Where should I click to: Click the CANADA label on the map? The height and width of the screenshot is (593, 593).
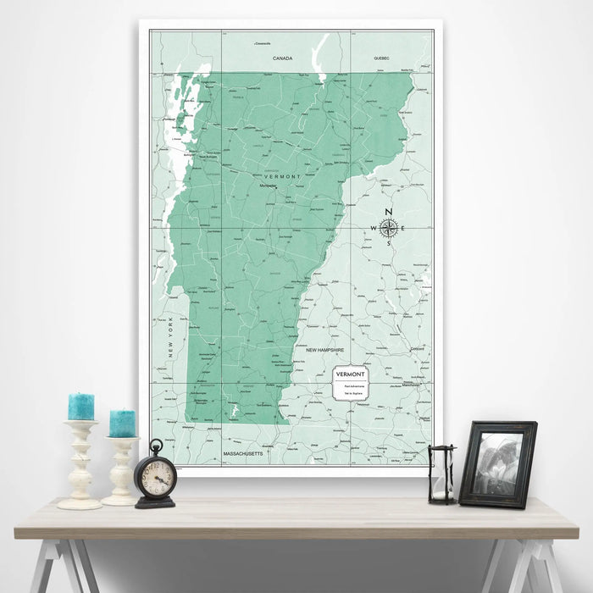282,58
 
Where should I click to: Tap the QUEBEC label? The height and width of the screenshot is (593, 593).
381,58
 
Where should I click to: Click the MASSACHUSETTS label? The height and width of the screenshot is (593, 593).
244,455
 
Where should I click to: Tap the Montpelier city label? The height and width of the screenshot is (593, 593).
268,185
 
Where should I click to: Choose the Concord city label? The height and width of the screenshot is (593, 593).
415,347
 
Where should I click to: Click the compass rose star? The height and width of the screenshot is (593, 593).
389,227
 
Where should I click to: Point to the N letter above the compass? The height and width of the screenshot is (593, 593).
389,212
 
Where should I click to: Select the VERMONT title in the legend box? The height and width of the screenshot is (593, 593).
351,374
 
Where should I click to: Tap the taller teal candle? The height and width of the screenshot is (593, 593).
81,407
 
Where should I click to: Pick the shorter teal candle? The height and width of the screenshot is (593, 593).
122,424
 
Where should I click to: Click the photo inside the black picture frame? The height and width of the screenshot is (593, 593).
496,463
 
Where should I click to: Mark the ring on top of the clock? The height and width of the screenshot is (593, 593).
156,445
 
